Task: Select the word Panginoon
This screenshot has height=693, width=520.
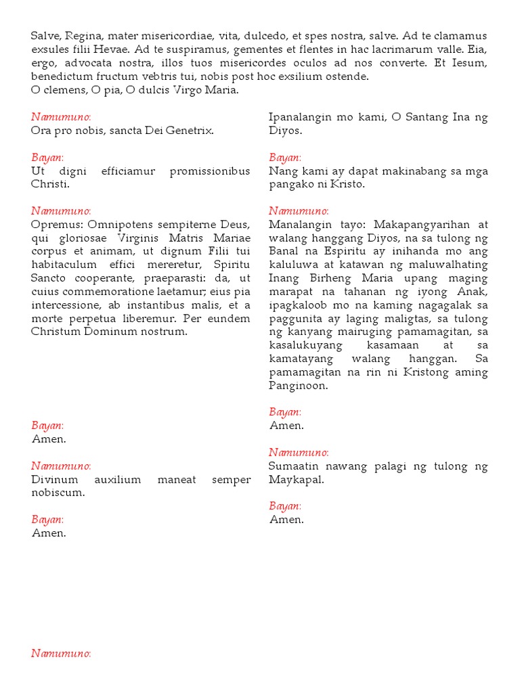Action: pyautogui.click(x=299, y=386)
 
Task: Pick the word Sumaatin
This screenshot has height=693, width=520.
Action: pyautogui.click(x=294, y=466)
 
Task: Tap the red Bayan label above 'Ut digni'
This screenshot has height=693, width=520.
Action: pyautogui.click(x=47, y=157)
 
